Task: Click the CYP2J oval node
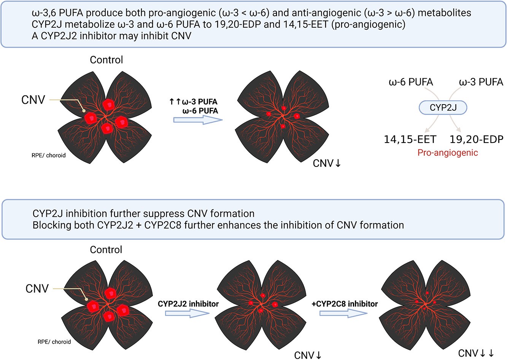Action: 443,108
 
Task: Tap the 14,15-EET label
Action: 410,140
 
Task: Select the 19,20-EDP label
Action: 476,140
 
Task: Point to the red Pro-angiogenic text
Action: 448,153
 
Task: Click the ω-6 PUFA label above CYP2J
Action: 411,82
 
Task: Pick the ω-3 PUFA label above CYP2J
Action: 481,82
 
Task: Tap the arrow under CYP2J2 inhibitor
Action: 187,313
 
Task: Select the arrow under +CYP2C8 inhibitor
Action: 343,313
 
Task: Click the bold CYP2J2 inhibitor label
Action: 188,304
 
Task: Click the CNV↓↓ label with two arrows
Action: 476,353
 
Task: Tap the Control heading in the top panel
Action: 106,60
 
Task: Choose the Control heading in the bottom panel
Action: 106,250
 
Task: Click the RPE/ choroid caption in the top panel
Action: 49,155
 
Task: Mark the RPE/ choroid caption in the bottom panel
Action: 54,342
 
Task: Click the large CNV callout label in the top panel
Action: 33,100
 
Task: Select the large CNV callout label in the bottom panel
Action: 37,289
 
